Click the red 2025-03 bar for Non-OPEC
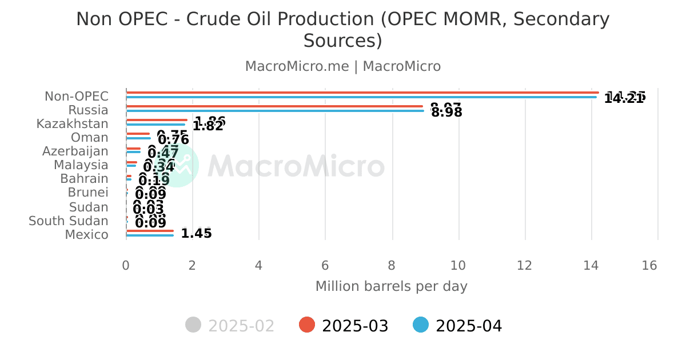coord(362,93)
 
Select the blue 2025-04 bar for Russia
coord(274,111)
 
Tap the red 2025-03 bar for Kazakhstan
coord(157,120)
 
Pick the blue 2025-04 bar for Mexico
coord(150,235)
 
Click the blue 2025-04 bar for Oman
coord(138,138)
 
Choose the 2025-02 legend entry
coord(230,326)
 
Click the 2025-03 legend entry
coord(344,326)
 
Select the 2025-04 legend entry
coord(458,326)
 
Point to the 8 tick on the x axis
coord(392,266)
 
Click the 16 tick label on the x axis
coord(649,266)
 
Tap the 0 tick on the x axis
coord(126,266)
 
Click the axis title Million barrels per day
coord(392,286)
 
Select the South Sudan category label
coord(69,221)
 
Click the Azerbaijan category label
coord(75,151)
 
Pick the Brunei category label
coord(88,193)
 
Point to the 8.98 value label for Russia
coord(446,113)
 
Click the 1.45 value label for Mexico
coord(196,234)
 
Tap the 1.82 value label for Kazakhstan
coord(208,126)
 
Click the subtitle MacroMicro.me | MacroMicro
coord(343,66)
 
